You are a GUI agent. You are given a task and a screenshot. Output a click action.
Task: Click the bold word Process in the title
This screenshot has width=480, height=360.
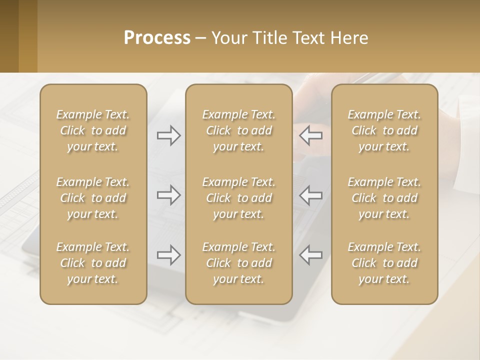pos(157,38)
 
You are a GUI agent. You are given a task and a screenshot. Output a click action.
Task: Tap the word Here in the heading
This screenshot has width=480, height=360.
pos(348,38)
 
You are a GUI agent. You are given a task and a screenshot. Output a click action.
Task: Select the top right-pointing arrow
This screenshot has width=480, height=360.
pos(169,135)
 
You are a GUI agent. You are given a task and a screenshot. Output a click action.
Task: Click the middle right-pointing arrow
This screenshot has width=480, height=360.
pos(169,195)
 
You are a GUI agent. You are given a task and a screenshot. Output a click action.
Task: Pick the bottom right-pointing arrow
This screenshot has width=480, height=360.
pos(169,255)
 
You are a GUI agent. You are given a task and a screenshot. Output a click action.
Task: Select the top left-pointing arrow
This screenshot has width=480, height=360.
pos(310,135)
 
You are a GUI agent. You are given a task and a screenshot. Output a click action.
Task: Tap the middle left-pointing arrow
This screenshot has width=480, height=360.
pos(310,195)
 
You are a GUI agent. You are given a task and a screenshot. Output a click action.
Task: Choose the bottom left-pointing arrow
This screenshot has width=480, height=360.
pos(310,255)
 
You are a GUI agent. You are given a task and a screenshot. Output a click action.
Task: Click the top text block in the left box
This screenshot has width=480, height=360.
pos(93,130)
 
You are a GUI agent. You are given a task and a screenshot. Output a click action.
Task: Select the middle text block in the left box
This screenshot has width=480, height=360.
pos(93,198)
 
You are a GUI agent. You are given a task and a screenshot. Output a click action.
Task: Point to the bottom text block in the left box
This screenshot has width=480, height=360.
pos(93,263)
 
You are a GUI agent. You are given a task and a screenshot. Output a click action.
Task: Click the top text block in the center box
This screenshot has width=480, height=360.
pos(238,130)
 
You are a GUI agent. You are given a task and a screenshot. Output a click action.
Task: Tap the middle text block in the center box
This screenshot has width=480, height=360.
pos(238,198)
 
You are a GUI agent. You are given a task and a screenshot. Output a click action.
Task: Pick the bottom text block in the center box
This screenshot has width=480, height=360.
pos(238,263)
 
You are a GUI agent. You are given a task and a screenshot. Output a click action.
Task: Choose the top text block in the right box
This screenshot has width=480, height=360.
pos(384,130)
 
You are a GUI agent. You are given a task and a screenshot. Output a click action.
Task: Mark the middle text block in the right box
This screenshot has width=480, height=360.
pos(384,198)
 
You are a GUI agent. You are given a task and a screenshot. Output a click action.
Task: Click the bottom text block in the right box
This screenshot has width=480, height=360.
pos(384,263)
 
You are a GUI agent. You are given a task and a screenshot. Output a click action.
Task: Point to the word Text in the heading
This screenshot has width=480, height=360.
pos(309,38)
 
